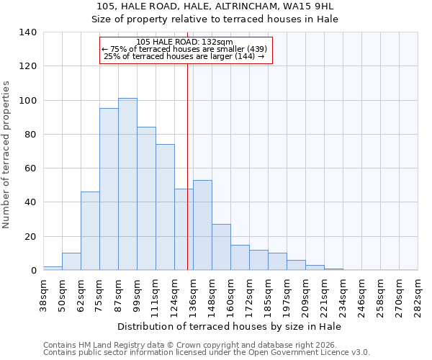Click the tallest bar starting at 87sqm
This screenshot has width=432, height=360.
tap(127, 184)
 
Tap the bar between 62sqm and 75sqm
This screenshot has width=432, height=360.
tap(90, 231)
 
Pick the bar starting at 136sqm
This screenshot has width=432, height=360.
tap(202, 225)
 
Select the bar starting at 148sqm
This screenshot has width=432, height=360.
tap(221, 247)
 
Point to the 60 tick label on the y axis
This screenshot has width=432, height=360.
tap(30, 168)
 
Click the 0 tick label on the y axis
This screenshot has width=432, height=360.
tap(33, 271)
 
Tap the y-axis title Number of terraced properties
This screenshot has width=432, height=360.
tap(7, 154)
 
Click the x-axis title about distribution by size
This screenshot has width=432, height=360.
tap(230, 326)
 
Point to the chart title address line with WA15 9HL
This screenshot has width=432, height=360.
tap(215, 6)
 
